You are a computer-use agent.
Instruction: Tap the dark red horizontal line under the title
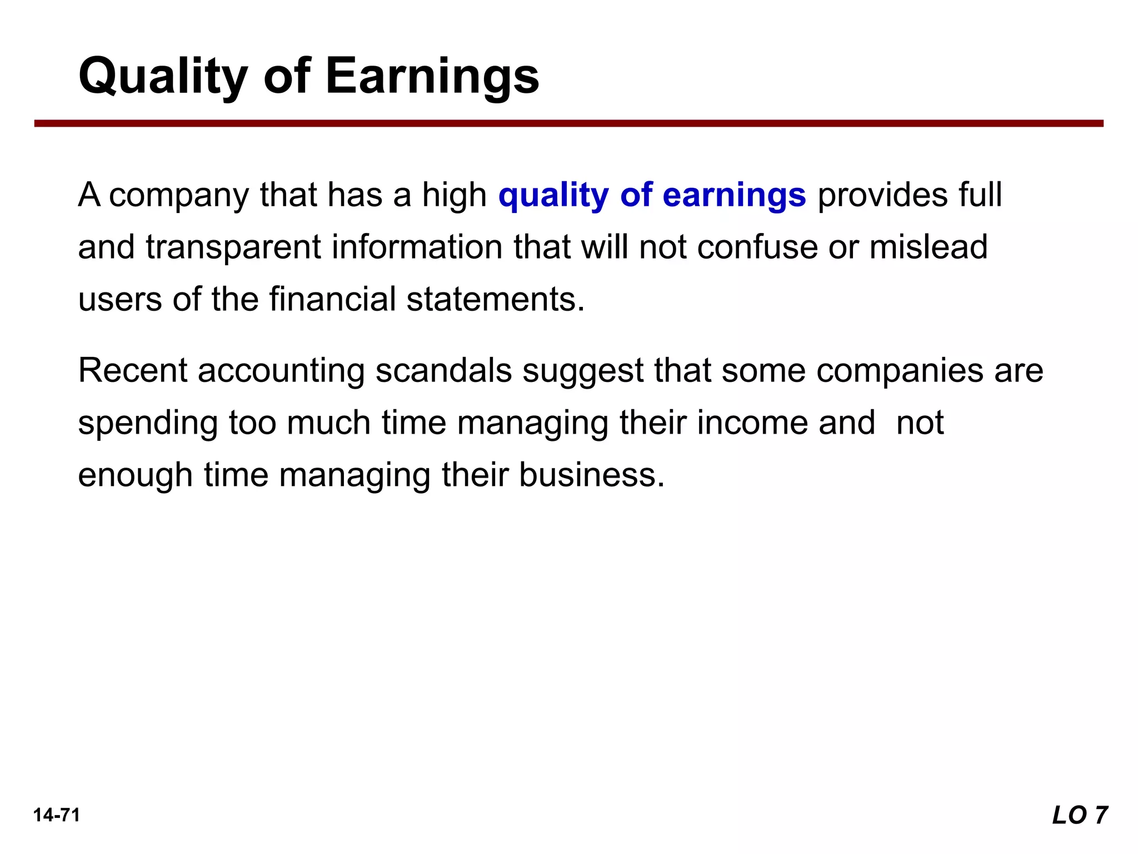[x=568, y=123]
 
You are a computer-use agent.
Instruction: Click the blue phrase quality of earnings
[x=652, y=195]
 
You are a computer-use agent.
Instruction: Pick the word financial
[x=332, y=299]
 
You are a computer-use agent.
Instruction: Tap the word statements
[x=495, y=299]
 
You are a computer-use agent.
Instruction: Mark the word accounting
[x=281, y=371]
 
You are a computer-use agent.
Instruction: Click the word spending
[x=147, y=424]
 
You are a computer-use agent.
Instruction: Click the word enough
[x=135, y=476]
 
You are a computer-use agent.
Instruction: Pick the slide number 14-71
[x=57, y=815]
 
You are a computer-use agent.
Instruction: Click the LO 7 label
[x=1080, y=816]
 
